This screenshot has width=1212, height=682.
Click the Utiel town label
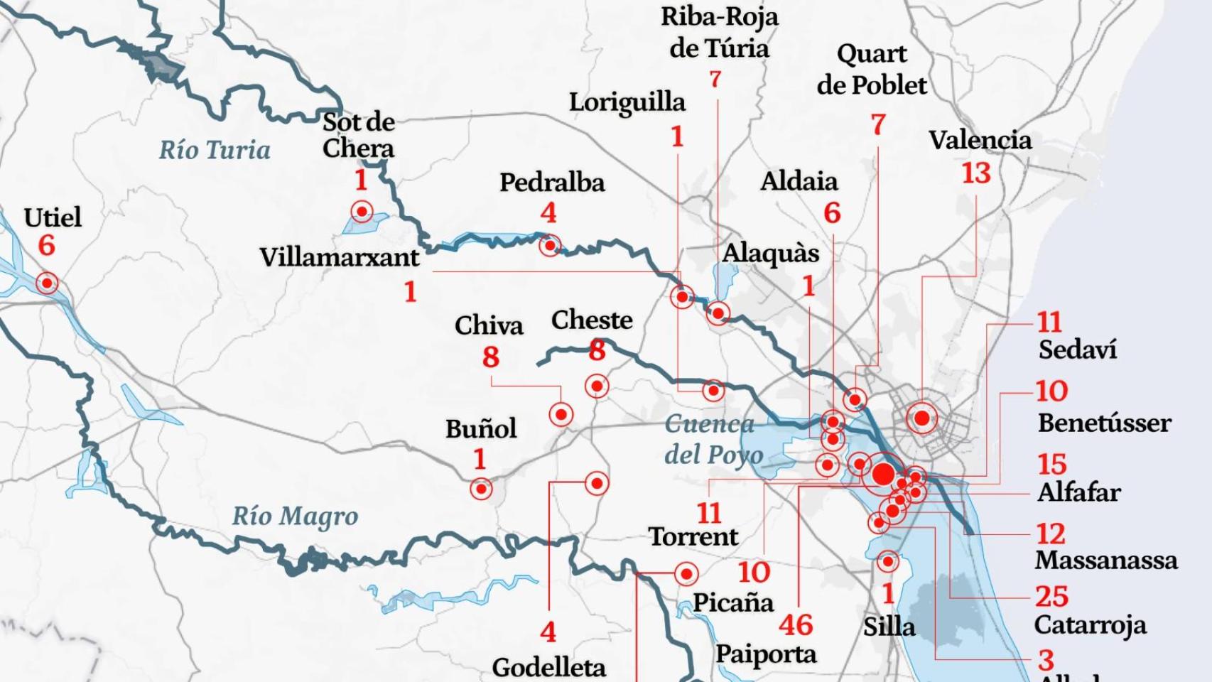(53, 217)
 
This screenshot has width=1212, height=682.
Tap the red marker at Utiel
(47, 283)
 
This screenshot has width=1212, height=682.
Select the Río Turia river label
(215, 150)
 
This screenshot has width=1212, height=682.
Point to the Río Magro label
(295, 516)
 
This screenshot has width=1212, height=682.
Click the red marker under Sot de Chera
(362, 211)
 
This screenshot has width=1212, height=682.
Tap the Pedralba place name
(552, 183)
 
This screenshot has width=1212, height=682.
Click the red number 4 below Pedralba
(548, 212)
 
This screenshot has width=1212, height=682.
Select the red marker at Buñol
(481, 489)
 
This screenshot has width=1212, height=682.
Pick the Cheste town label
(592, 320)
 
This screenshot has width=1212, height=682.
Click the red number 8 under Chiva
(490, 357)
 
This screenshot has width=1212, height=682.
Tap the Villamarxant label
(340, 257)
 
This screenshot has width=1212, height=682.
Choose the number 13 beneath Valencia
(975, 173)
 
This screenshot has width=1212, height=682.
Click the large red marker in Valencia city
(921, 418)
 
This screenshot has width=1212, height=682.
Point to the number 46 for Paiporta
(795, 625)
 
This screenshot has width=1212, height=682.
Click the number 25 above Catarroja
(1051, 596)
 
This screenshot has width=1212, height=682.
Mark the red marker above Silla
(887, 562)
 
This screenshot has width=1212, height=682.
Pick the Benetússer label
(1104, 423)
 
